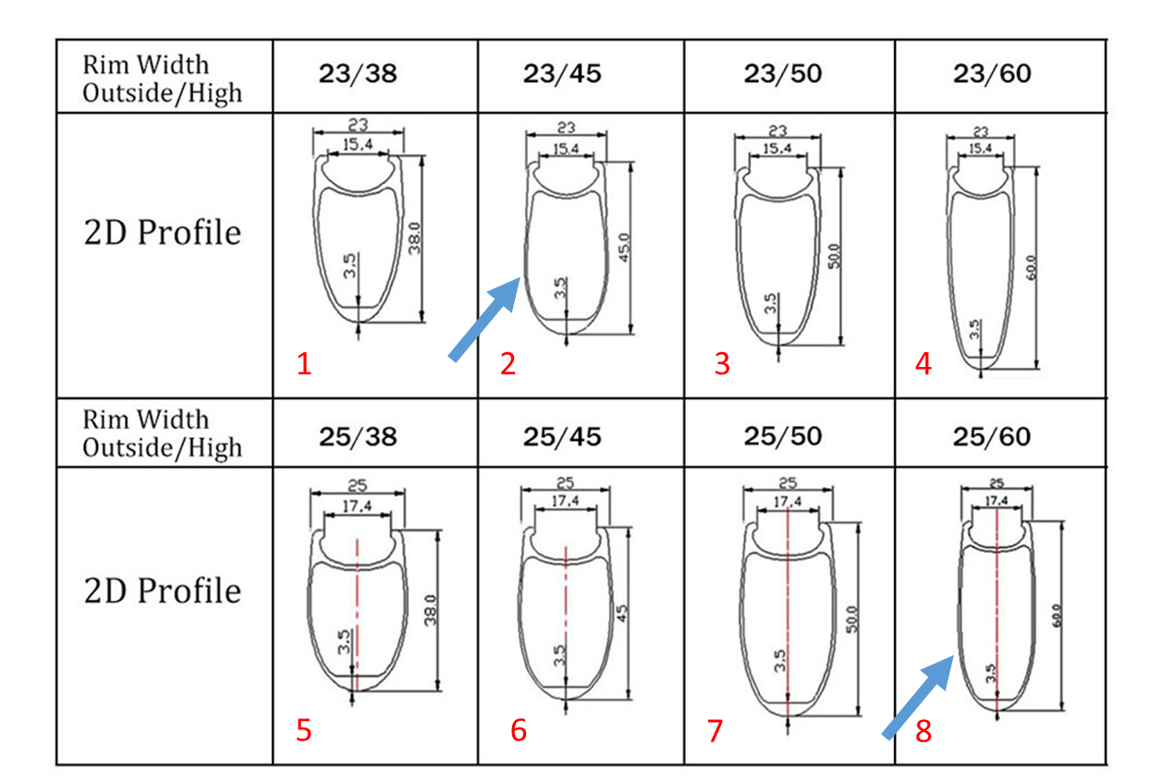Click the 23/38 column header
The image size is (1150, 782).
358,74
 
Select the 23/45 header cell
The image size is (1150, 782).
562,74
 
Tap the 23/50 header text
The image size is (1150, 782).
783,74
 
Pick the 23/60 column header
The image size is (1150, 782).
992,74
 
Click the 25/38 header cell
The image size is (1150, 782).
358,437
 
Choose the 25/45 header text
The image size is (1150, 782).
562,437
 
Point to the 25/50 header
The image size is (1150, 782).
783,437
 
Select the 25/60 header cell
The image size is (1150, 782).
992,437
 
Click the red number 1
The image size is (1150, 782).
304,364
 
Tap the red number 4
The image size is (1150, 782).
924,364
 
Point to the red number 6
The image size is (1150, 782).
519,730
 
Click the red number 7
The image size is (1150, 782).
716,730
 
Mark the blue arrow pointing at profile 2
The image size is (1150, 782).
484,319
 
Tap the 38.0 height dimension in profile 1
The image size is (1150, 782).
415,238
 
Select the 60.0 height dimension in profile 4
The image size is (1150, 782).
1032,267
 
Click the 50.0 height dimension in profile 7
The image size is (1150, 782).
850,619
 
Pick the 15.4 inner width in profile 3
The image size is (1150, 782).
777,149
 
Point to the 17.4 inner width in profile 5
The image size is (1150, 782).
357,507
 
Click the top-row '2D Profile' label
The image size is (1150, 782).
162,233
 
